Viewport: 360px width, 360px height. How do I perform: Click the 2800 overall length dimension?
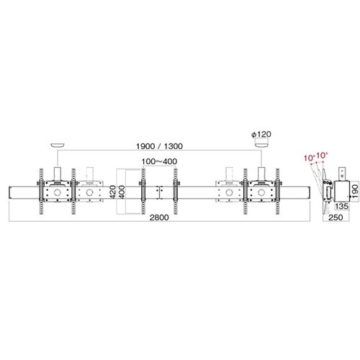(159, 217)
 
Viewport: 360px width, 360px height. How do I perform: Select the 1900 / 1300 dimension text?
(159, 146)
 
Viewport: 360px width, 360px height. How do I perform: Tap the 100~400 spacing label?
(159, 161)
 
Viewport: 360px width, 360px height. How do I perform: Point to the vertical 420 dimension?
(114, 192)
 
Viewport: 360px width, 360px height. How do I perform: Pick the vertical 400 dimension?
(122, 192)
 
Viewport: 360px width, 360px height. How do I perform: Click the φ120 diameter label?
(261, 134)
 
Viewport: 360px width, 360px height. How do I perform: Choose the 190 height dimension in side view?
(355, 191)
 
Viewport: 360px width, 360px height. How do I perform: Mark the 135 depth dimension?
(341, 206)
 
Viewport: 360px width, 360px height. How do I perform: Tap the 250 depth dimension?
(336, 217)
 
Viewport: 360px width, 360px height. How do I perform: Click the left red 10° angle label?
(309, 158)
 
